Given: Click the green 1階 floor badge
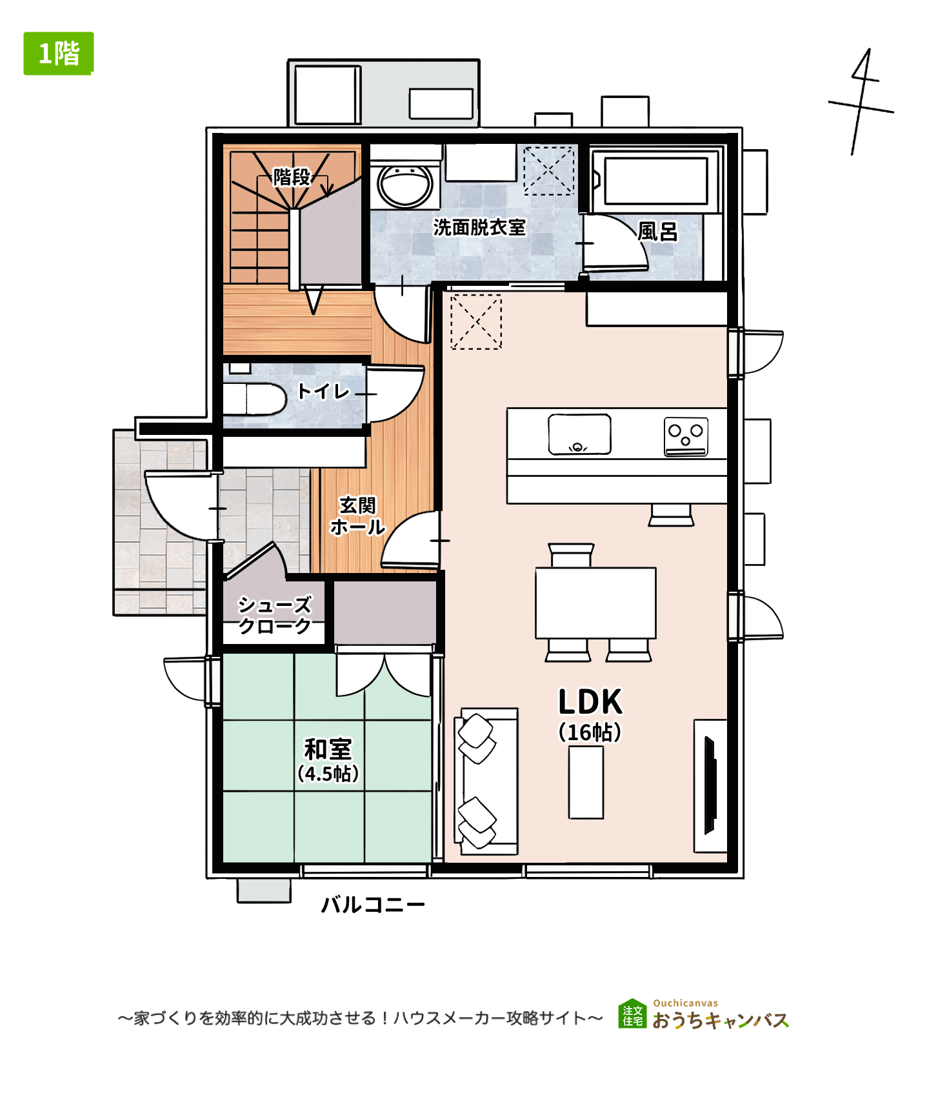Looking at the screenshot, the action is tap(59, 54).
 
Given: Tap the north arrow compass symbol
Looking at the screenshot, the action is tap(861, 102).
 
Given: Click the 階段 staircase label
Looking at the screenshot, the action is tap(292, 176).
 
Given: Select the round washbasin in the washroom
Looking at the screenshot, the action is tap(405, 185).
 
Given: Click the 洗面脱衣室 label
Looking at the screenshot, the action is tap(479, 227).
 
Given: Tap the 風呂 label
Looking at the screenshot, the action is tap(657, 232).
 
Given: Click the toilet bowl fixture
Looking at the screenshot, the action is tap(254, 399).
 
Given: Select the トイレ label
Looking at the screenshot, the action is tap(323, 391).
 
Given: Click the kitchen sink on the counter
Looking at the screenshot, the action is tap(579, 434).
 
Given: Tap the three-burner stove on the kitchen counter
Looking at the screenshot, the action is tap(686, 436).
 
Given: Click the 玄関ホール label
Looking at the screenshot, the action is tap(357, 516).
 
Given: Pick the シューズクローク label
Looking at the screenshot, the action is tap(275, 615).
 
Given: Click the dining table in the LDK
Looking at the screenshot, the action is tap(595, 603).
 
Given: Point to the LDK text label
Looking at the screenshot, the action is tap(590, 701).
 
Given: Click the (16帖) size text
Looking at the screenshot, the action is tap(590, 732).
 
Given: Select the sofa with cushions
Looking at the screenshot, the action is tap(486, 781).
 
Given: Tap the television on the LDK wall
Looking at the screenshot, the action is tap(710, 785).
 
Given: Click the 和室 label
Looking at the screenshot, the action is tap(328, 749).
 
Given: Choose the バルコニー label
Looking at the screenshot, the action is tap(373, 905).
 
